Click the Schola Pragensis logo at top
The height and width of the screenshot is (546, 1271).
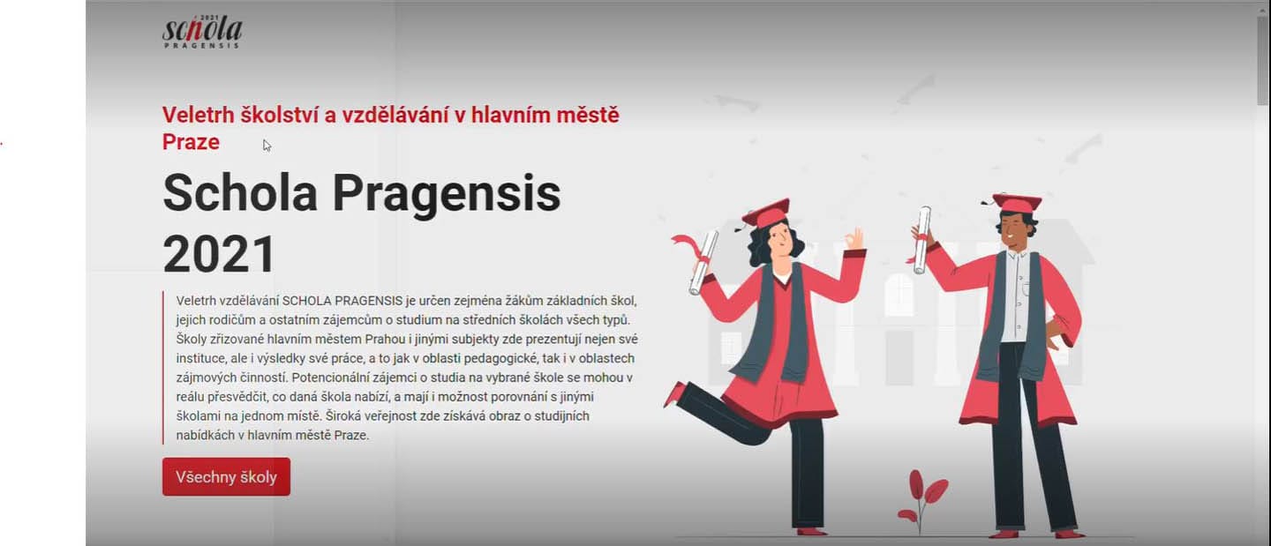[x=202, y=32]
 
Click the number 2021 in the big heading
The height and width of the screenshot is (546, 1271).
[x=220, y=255]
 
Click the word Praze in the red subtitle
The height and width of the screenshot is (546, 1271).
[x=191, y=142]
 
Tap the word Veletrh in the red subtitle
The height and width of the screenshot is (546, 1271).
[x=198, y=115]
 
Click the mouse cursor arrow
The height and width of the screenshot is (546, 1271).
[x=267, y=146]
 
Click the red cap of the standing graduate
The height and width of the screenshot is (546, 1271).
[x=1017, y=202]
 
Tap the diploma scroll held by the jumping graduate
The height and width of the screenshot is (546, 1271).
[x=703, y=263]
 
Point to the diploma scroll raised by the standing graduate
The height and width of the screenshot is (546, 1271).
[x=922, y=241]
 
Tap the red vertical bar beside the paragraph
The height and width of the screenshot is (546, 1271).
[x=162, y=368]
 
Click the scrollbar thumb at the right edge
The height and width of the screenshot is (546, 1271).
[x=1262, y=56]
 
